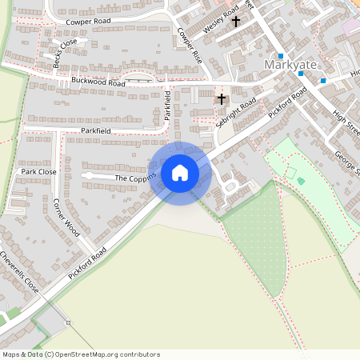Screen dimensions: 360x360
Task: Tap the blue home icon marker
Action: pos(180,173)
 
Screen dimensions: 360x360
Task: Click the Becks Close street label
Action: pos(66,54)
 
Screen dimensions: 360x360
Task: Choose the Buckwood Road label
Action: pos(98,82)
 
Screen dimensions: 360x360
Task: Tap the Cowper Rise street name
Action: pos(190,46)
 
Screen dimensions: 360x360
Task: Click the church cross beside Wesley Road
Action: pos(235,22)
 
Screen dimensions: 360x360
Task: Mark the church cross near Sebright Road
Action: pos(222,99)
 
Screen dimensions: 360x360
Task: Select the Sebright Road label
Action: pos(236,113)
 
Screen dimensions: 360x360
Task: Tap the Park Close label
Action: pos(39,171)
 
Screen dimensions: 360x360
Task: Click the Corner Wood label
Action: pos(66,217)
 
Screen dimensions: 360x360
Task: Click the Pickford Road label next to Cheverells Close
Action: pos(87,262)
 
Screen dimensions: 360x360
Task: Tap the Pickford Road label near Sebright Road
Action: pos(288,103)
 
